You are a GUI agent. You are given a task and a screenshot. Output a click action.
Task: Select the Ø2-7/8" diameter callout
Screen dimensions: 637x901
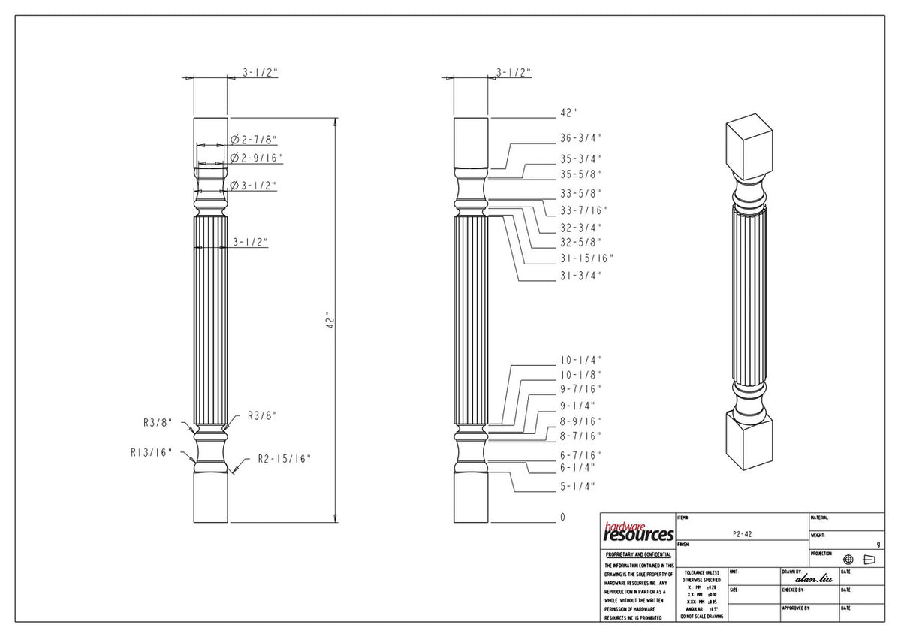(255, 140)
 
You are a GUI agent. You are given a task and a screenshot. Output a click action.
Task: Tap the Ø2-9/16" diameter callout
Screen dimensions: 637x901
(256, 158)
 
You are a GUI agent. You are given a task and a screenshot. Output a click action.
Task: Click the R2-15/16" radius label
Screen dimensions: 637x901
(284, 458)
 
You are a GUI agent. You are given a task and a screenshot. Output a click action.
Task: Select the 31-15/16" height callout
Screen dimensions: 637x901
(586, 258)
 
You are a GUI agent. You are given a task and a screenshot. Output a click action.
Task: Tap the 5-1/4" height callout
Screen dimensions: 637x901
(577, 486)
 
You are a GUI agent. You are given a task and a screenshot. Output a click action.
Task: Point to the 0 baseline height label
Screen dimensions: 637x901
(562, 518)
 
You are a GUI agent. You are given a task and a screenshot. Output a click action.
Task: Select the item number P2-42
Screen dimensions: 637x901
(742, 533)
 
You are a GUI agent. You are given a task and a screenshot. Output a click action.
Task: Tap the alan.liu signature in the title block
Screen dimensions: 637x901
(818, 578)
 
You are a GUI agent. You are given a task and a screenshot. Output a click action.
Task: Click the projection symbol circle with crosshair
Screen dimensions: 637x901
(848, 560)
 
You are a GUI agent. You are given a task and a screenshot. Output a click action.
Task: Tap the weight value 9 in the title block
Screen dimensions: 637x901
(878, 544)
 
